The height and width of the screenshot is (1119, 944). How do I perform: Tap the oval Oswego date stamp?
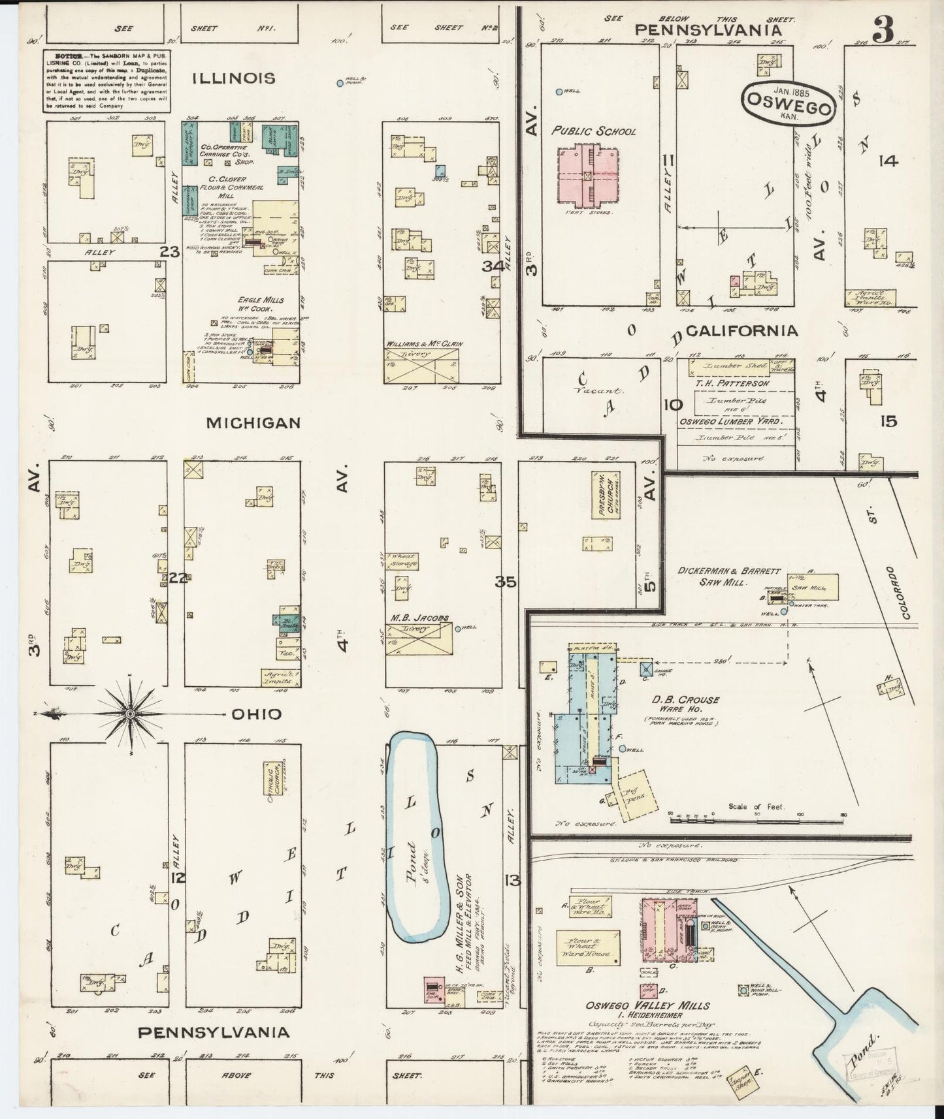[789, 102]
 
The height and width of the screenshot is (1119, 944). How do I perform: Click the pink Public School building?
[589, 174]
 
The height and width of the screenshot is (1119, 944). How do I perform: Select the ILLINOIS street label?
[233, 78]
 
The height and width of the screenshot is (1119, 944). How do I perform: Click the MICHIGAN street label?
[253, 423]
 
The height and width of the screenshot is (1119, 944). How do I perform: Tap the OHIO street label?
[257, 714]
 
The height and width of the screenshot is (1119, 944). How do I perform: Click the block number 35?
[505, 582]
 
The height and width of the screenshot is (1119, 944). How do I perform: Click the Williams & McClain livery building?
[421, 363]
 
